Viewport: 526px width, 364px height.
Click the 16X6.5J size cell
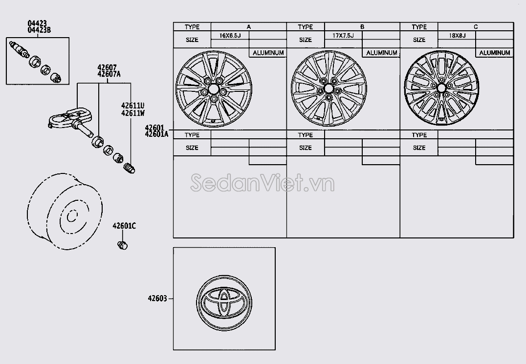pos(230,35)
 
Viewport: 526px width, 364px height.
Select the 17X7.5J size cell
pos(343,35)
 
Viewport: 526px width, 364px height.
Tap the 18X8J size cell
pos(457,35)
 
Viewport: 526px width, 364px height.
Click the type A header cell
pos(248,27)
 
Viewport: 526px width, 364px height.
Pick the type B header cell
pos(362,27)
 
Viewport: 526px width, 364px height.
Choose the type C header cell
pos(475,27)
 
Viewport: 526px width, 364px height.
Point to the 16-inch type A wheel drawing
pos(214,89)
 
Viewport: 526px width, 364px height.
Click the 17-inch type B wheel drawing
pos(329,88)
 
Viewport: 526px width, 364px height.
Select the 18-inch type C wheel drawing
pos(441,88)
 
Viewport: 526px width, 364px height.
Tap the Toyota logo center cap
pos(224,303)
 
